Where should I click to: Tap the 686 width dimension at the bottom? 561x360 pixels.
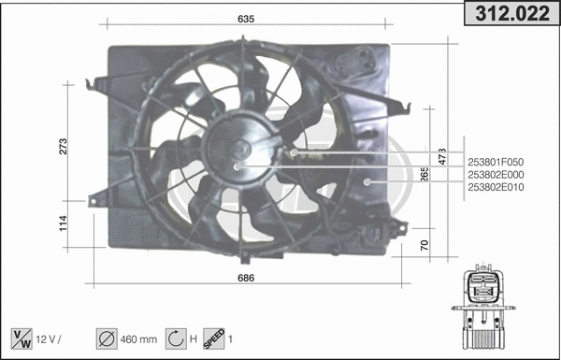click(247, 279)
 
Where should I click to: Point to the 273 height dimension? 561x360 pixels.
click(64, 146)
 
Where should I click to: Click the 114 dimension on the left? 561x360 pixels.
click(64, 223)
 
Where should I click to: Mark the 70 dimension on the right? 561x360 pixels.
click(425, 244)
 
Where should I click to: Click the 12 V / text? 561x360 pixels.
click(51, 338)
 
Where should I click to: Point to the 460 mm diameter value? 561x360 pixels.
click(138, 338)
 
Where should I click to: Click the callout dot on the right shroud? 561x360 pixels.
click(367, 180)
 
